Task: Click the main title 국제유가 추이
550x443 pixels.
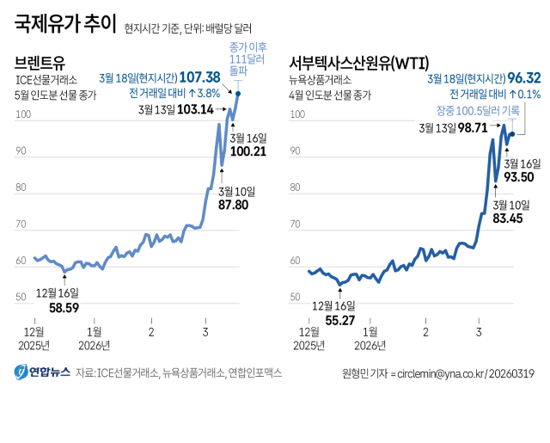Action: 65,23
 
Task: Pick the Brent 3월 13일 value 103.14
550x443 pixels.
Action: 194,110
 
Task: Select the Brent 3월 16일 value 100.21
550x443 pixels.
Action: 249,151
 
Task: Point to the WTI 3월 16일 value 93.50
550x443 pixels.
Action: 522,177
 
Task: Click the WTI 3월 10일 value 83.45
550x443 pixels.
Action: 510,218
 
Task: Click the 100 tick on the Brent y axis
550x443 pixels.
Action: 23,114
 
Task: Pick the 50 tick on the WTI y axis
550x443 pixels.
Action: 296,297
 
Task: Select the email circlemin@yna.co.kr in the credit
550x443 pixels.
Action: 438,373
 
